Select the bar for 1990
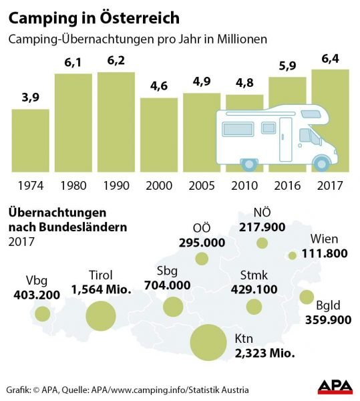116,121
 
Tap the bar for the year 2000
158,134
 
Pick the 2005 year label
201,185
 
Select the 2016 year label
287,185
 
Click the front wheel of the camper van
323,162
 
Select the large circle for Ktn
209,342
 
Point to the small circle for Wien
292,255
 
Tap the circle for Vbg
43,313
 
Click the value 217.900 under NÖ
261,227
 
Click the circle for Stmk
254,307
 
